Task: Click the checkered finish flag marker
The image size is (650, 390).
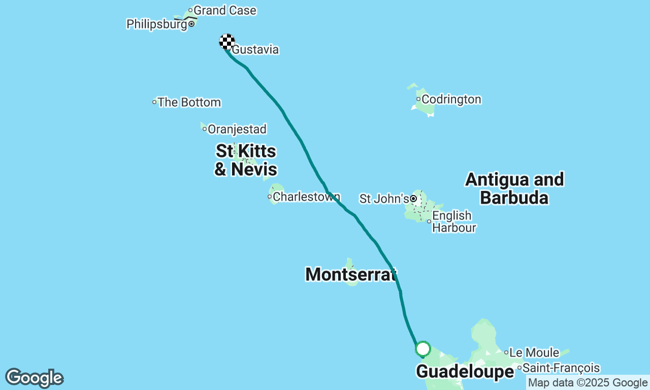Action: [227, 41]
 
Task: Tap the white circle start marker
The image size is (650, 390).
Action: [422, 349]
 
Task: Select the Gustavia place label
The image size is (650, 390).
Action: [255, 50]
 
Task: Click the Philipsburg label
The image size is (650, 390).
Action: [156, 24]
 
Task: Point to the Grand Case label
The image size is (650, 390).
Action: [224, 10]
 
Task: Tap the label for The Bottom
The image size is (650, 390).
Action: [189, 102]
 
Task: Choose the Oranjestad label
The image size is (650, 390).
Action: [237, 129]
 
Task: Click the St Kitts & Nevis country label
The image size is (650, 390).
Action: [246, 160]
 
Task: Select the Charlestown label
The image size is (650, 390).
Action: [306, 197]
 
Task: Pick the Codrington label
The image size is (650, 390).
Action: [451, 99]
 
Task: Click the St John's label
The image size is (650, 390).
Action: [384, 199]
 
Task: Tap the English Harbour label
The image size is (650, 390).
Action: [453, 221]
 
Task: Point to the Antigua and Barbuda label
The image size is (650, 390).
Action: [514, 188]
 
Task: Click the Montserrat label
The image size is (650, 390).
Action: [350, 274]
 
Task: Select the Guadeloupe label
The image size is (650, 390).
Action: [465, 372]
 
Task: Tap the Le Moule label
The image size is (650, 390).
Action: [534, 352]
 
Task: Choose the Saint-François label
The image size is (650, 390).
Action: [561, 368]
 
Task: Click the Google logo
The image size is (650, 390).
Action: [34, 378]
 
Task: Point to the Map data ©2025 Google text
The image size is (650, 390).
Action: [588, 383]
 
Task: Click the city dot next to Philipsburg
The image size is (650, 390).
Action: [191, 24]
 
